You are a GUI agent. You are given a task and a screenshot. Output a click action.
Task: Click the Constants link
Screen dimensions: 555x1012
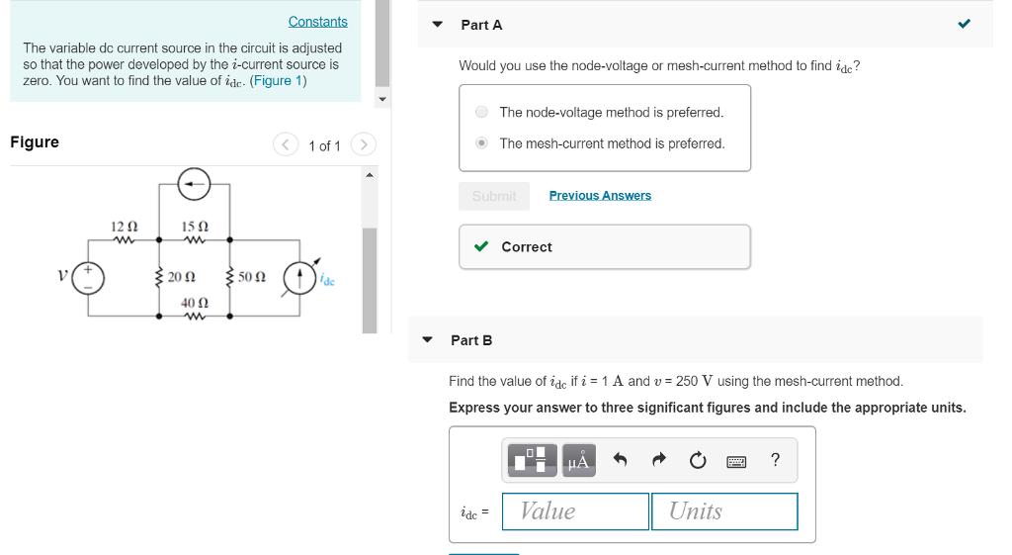pos(317,22)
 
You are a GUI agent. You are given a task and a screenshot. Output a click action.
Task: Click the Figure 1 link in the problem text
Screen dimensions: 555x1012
pos(279,80)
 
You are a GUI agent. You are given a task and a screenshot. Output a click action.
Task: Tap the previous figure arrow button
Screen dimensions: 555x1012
pos(286,145)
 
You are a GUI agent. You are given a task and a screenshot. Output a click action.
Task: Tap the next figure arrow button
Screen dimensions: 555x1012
pos(364,145)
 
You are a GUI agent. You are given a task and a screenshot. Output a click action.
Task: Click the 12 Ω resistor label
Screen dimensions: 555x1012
pos(124,227)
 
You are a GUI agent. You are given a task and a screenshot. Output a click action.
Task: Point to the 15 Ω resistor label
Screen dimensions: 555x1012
pos(195,227)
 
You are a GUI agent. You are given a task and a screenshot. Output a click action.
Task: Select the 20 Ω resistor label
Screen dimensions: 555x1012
pos(181,277)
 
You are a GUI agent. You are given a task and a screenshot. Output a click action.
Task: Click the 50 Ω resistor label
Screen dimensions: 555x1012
pos(252,277)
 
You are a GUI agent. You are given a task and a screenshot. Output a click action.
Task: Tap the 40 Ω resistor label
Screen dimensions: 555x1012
pos(195,302)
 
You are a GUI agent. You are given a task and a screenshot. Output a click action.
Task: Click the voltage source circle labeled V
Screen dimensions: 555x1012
pos(89,277)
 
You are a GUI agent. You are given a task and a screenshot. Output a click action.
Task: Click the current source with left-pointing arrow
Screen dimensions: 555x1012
pos(194,183)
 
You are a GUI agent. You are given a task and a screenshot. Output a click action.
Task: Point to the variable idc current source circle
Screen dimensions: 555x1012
pos(299,277)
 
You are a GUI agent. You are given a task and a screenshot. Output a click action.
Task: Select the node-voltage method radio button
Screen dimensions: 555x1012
pos(481,113)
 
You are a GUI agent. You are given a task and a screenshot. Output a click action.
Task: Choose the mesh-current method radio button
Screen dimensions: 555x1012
pos(481,143)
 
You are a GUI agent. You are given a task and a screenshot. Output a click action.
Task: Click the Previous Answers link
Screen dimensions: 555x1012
pos(600,196)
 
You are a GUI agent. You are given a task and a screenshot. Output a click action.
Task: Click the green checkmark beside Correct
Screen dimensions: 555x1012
pos(481,246)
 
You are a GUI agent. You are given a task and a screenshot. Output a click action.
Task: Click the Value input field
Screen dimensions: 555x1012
pos(575,511)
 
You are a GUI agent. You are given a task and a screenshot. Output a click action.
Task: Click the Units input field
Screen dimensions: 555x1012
pos(724,511)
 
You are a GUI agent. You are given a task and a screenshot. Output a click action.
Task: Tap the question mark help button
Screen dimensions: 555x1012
pos(775,460)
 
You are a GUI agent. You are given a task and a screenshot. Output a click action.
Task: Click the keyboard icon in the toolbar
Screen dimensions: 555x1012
pos(736,460)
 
